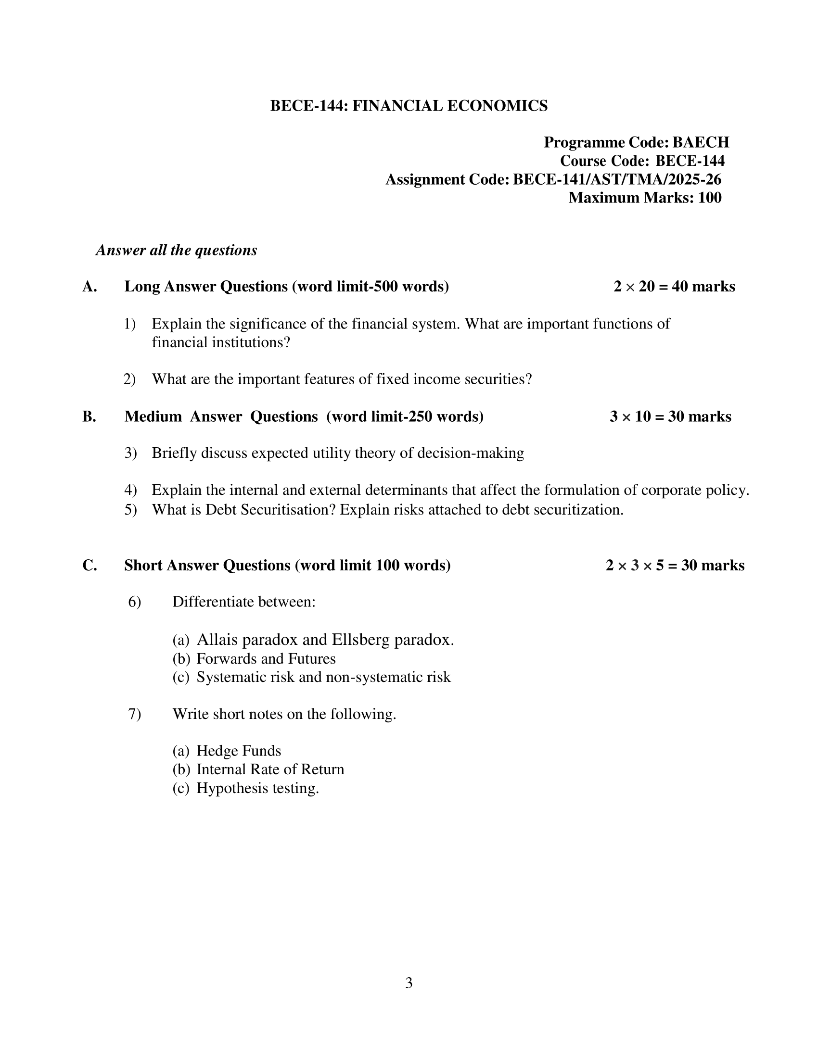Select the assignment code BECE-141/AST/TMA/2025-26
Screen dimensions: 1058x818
(617, 180)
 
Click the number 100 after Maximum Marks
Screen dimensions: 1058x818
(709, 198)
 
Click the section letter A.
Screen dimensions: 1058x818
(89, 287)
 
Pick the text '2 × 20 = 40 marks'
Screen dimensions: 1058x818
(674, 287)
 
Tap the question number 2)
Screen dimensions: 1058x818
(129, 379)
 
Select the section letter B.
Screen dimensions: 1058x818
(89, 416)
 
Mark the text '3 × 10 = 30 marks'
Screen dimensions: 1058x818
(670, 416)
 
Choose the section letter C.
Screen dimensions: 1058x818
(89, 566)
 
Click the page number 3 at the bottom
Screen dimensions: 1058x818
(409, 983)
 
